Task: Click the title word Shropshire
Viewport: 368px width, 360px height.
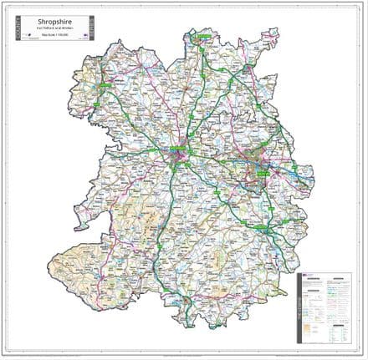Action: click(x=53, y=22)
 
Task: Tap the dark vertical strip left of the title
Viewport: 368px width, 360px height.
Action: click(x=16, y=29)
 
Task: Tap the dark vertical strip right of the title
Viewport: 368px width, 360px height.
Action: click(x=92, y=29)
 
